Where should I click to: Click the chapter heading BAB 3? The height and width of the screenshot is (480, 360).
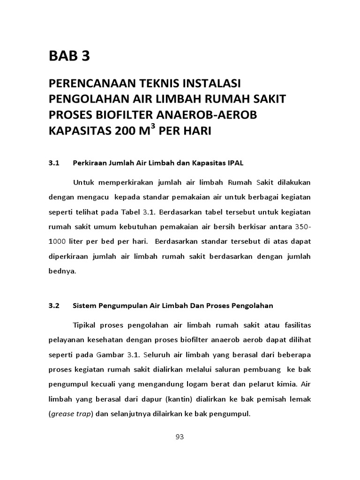coord(69,56)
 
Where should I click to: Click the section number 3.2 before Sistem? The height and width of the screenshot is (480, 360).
coord(55,306)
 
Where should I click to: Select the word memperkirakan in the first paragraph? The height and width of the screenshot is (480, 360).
coord(123,182)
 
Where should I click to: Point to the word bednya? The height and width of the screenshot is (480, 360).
coord(62,271)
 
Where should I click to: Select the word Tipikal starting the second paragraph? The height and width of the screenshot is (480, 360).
coord(85,324)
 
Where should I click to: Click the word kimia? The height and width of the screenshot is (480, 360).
coord(285,384)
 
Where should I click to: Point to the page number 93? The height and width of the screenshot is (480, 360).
coord(180,437)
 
